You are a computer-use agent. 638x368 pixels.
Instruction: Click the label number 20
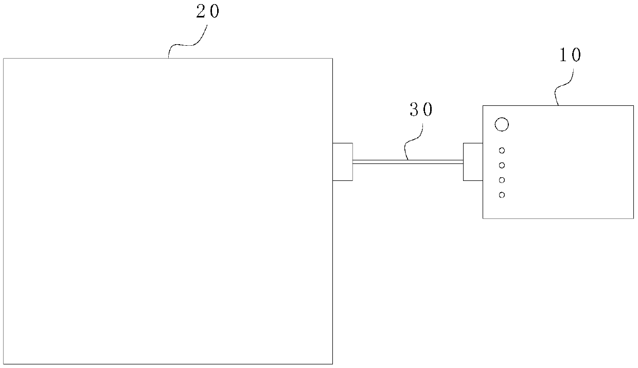tap(208, 12)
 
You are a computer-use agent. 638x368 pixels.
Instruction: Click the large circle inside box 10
tap(501, 124)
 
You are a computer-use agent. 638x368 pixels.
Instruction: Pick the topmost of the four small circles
tap(502, 151)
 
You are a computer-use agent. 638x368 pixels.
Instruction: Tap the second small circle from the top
tap(502, 165)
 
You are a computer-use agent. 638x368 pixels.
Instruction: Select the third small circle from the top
tap(502, 180)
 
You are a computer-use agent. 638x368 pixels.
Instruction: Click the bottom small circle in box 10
tap(502, 195)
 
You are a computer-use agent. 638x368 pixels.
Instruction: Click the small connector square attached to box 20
tap(343, 161)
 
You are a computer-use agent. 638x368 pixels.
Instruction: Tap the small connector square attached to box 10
tap(473, 161)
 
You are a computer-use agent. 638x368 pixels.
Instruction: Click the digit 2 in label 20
tap(201, 12)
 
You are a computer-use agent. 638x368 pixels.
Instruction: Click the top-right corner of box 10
tap(633, 106)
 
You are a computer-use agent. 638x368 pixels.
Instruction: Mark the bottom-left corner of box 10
tap(483, 218)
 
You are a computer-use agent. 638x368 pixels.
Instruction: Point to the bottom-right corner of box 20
tap(332, 363)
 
